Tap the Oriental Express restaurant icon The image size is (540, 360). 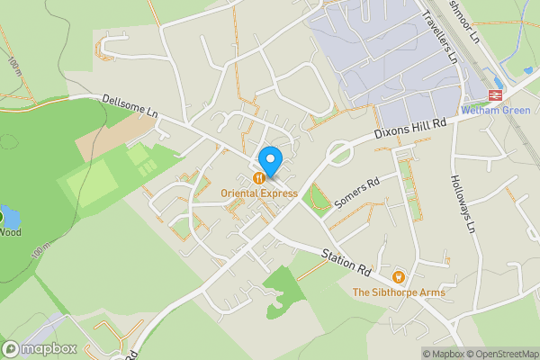[259, 178]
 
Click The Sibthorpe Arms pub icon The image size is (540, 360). [399, 276]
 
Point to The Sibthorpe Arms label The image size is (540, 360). [399, 292]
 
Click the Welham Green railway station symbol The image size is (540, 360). [495, 94]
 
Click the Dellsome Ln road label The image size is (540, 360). [130, 107]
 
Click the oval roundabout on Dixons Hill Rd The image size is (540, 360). [339, 154]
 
